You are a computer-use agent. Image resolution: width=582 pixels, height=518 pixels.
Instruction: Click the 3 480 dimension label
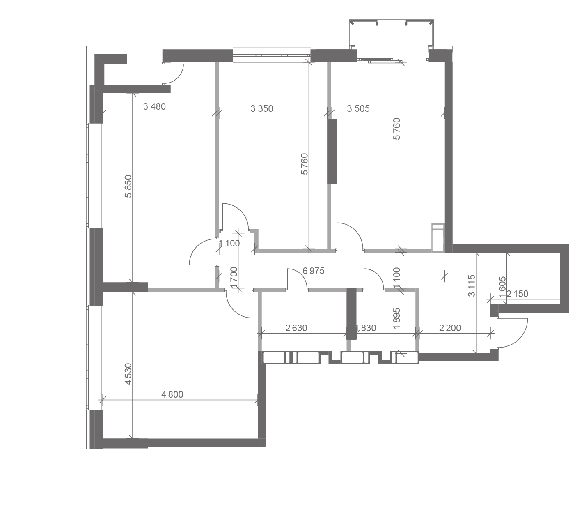[x=154, y=107]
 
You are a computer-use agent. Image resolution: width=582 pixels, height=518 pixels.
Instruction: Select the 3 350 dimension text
[x=261, y=109]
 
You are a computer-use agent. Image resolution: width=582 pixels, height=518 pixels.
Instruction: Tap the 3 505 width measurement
[x=358, y=109]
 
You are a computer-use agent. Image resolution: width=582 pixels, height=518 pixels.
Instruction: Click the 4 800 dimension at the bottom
[x=172, y=394]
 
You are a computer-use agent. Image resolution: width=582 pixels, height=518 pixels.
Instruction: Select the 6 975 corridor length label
[x=314, y=270]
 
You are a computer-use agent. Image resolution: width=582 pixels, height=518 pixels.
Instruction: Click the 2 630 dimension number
[x=296, y=328]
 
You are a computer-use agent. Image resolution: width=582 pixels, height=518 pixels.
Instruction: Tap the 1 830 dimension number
[x=366, y=328]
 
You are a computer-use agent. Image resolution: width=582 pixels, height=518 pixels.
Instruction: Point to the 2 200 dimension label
[x=450, y=328]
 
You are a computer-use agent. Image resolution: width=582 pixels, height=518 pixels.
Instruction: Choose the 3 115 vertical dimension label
[x=472, y=286]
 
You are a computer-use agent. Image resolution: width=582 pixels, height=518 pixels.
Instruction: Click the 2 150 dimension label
[x=518, y=294]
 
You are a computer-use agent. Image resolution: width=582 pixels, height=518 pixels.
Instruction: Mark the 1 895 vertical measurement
[x=397, y=319]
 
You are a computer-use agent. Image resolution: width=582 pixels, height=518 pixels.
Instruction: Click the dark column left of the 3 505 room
[x=332, y=151]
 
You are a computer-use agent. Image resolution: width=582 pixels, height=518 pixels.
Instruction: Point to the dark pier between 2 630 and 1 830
[x=351, y=314]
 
